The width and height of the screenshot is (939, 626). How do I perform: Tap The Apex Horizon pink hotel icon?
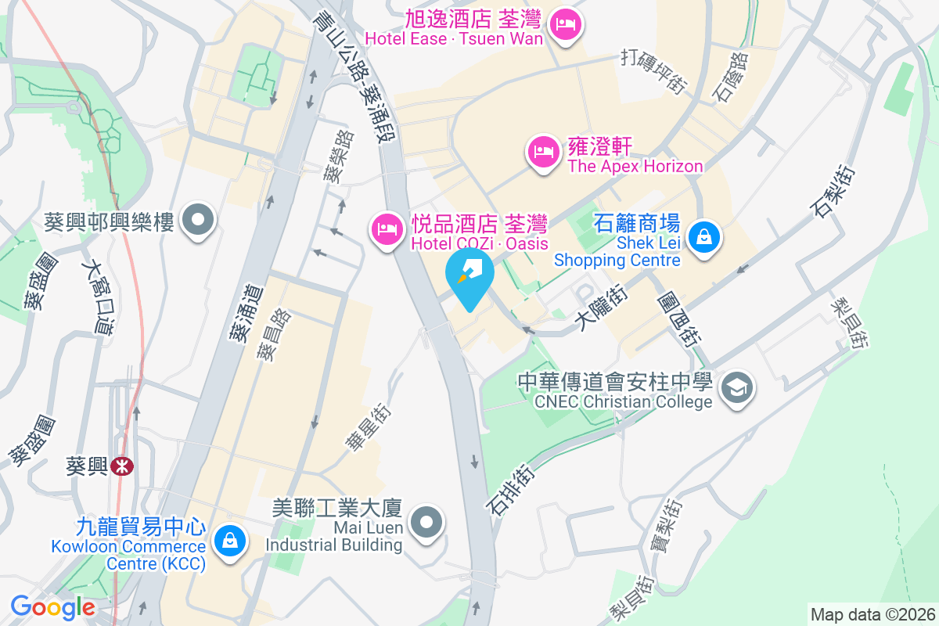(542, 150)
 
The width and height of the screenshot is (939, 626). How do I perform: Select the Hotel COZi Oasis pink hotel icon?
(386, 228)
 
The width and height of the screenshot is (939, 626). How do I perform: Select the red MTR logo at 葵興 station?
(121, 467)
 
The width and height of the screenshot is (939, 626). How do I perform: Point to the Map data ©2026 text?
(872, 614)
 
